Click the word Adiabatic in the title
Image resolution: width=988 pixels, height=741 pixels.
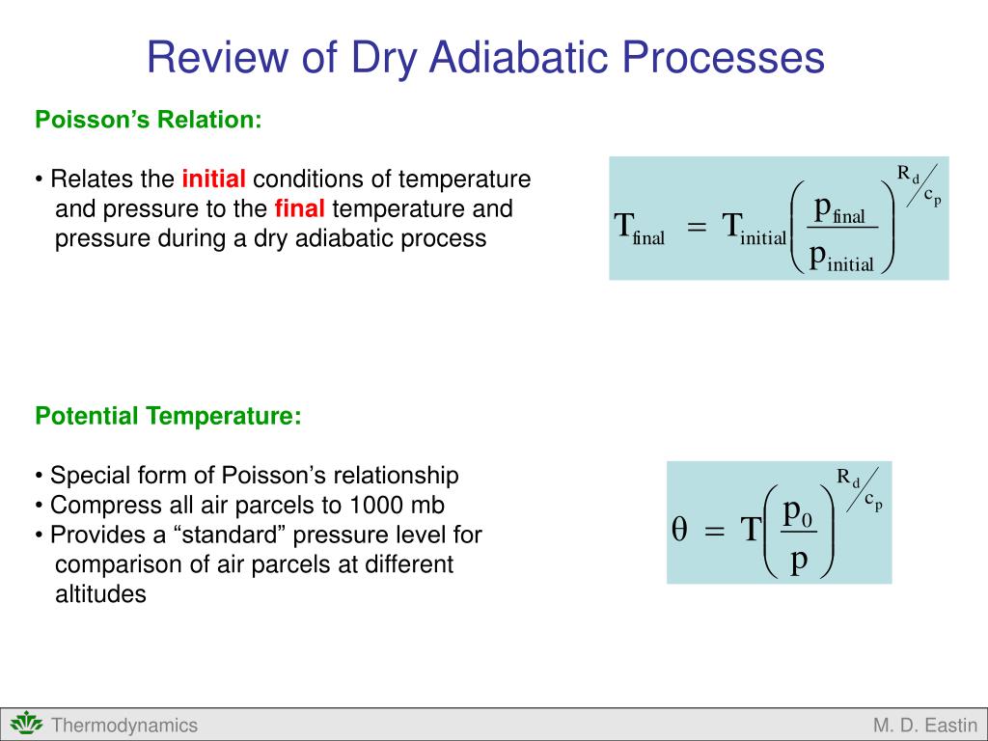pos(520,57)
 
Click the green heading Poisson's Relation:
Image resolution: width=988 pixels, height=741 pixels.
pos(148,119)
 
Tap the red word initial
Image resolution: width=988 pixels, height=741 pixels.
pos(213,178)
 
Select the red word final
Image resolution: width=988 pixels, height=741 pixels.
pos(299,208)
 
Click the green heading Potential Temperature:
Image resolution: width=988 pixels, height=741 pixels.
pos(168,416)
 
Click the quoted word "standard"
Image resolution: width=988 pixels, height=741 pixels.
pos(232,535)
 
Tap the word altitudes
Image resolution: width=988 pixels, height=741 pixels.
pos(100,593)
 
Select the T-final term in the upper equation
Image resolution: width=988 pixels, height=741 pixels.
pos(640,228)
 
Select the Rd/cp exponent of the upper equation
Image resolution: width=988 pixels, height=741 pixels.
pos(919,185)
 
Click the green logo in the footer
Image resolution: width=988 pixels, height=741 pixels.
pos(26,724)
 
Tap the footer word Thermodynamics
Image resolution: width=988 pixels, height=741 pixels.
pos(124,726)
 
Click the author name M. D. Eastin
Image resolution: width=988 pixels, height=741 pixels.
pos(925,726)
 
